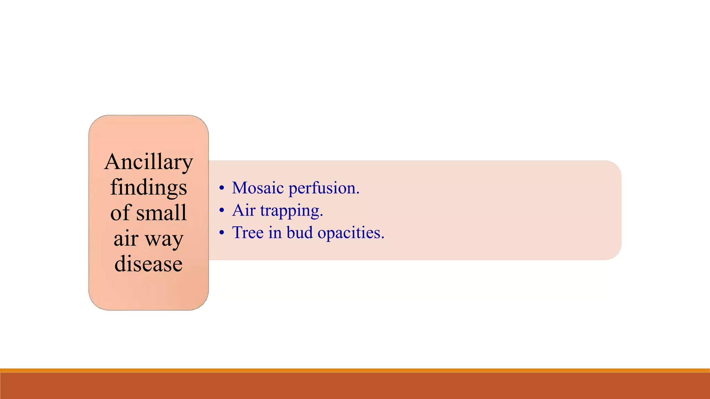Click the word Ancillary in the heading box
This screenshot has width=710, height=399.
pos(148,162)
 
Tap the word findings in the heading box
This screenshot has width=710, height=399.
pos(148,188)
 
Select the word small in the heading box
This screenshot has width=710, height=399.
pos(161,213)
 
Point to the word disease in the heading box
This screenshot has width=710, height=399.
pos(148,264)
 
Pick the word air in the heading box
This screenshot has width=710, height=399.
pos(126,239)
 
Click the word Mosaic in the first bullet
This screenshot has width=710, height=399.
pos(258,188)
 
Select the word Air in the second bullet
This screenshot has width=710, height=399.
pos(244,210)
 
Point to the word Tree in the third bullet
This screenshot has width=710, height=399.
pos(248,232)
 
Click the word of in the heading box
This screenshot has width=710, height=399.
pos(120,213)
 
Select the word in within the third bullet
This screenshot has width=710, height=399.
pos(275,232)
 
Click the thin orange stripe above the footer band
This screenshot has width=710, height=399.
pos(355,370)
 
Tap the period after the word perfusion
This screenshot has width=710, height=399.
pos(358,193)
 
